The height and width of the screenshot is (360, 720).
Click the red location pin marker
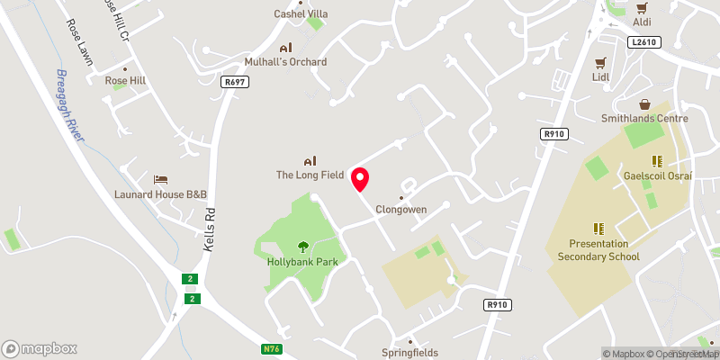[x=360, y=179]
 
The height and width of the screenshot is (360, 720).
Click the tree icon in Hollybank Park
[x=302, y=246]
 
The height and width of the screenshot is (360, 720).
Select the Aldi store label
[x=642, y=21]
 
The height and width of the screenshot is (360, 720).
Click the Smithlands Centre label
[x=644, y=118]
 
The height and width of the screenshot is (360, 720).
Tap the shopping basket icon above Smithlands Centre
[x=644, y=103]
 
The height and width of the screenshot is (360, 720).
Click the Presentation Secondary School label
[x=598, y=250]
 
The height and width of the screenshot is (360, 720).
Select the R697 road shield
[x=234, y=81]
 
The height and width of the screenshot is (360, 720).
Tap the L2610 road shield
[x=644, y=41]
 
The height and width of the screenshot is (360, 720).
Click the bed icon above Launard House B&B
[x=160, y=180]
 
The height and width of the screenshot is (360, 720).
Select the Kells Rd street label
[x=209, y=229]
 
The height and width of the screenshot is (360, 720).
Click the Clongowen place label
[x=400, y=209]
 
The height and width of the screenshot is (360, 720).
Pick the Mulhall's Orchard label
[x=285, y=61]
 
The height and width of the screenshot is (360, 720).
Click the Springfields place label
[x=409, y=353]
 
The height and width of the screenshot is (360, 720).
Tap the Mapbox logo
[x=40, y=348]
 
